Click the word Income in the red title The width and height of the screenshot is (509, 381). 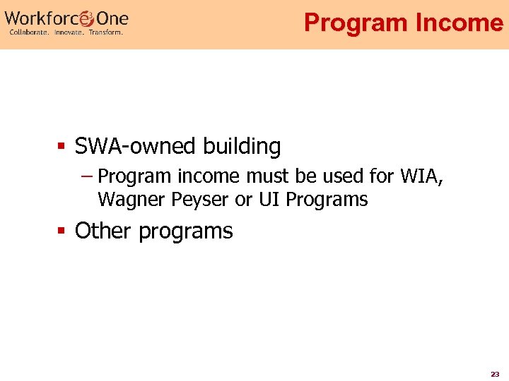(x=459, y=23)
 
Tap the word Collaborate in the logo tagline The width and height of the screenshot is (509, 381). (x=29, y=32)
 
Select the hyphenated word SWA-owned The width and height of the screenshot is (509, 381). (x=136, y=147)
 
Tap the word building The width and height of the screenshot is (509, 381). (x=242, y=147)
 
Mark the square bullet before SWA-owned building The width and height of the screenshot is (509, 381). (x=62, y=147)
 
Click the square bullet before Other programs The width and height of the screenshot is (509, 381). (x=62, y=231)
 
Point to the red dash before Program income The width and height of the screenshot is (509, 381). (x=88, y=175)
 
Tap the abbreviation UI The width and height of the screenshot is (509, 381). (x=269, y=200)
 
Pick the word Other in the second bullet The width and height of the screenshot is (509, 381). (x=104, y=231)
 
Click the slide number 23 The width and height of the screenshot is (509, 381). (x=495, y=374)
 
